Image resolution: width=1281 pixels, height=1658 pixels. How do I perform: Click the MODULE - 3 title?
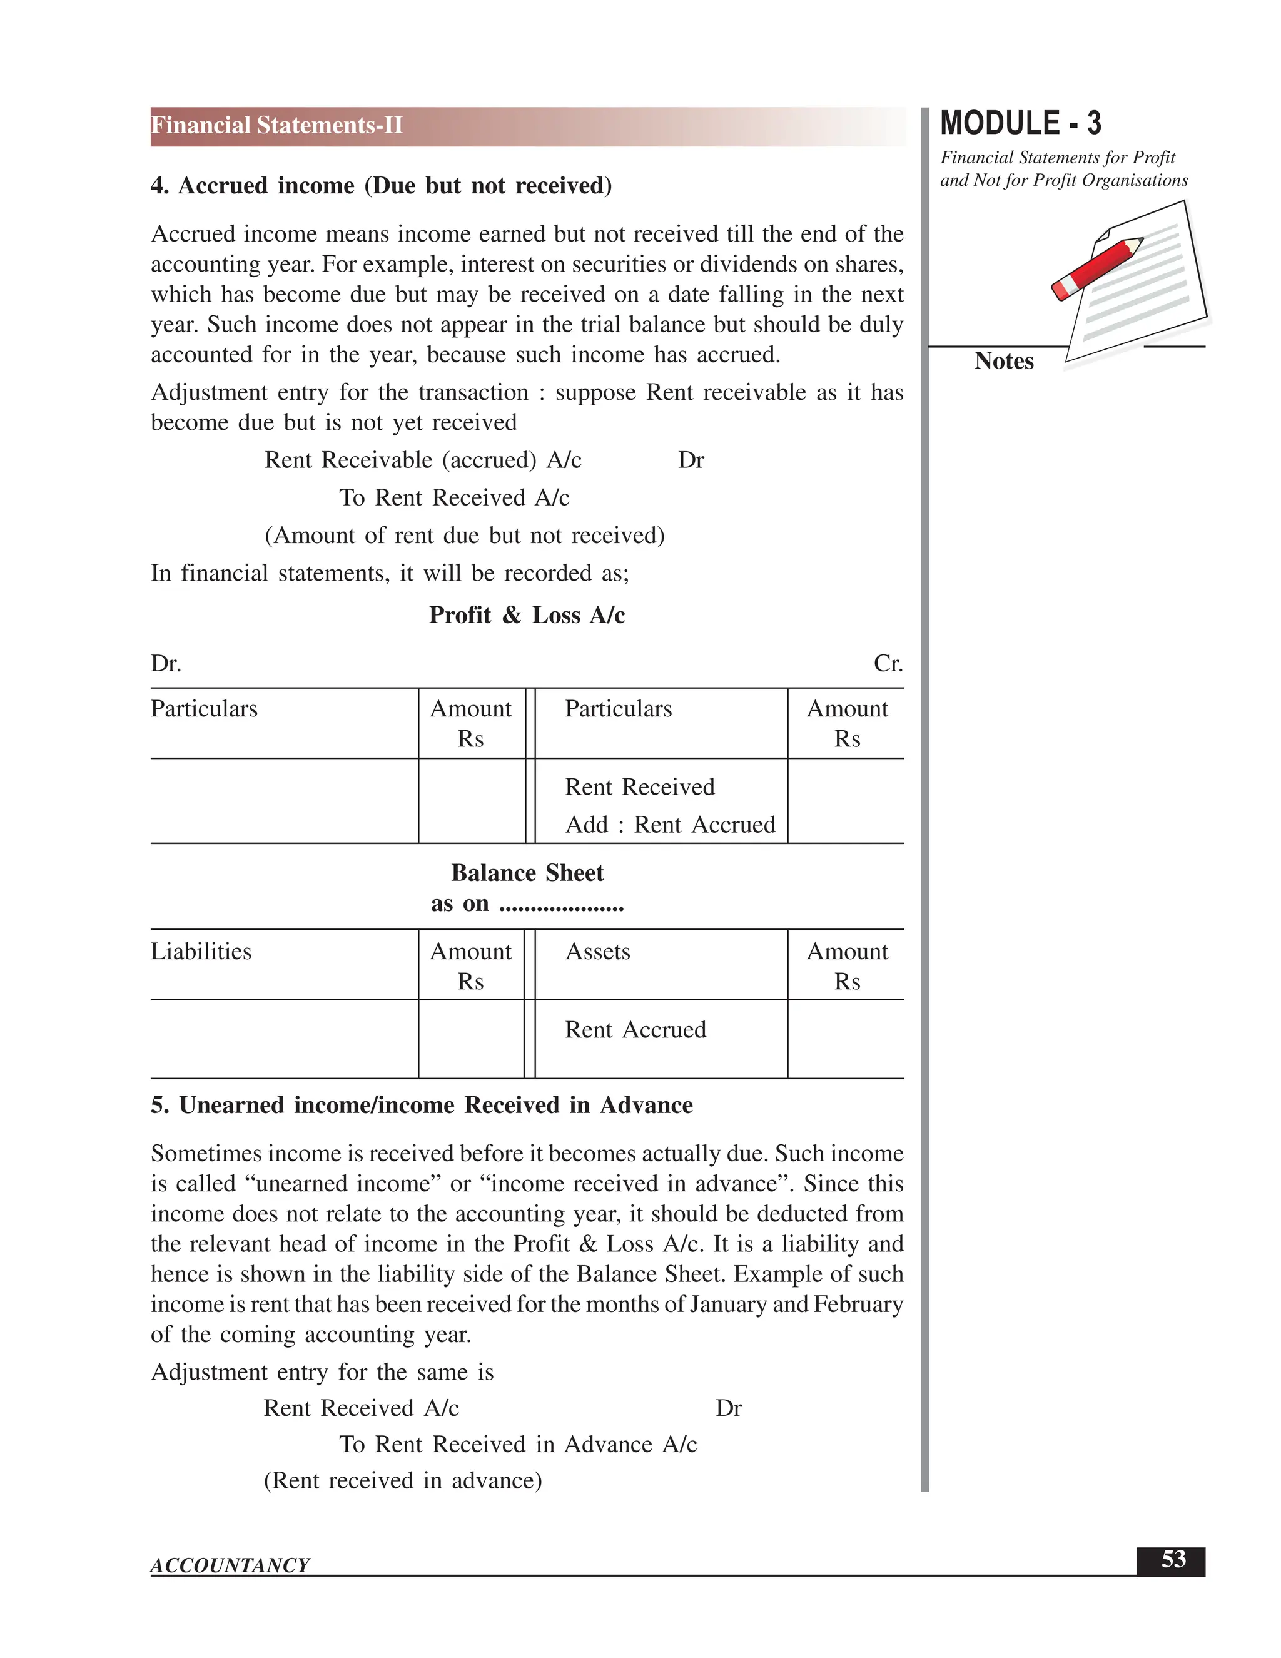click(1020, 124)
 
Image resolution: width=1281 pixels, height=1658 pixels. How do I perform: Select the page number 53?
click(1173, 1559)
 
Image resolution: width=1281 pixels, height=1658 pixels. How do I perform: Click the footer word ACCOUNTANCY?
click(230, 1565)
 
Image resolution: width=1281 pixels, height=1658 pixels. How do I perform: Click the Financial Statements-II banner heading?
click(277, 125)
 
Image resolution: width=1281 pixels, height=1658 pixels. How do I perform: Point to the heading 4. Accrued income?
click(381, 185)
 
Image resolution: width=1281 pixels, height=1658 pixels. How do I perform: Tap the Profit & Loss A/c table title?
click(527, 615)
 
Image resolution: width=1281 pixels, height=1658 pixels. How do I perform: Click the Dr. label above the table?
click(165, 663)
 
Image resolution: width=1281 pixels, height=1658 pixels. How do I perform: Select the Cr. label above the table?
click(887, 663)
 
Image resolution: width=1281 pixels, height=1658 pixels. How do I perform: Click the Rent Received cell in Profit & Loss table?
click(639, 786)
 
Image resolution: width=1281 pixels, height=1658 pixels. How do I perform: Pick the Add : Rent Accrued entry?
click(670, 825)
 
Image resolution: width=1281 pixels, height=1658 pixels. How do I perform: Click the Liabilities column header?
click(201, 951)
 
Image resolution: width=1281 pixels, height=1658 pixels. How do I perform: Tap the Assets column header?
click(597, 951)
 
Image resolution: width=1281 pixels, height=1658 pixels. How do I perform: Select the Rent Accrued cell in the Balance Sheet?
click(635, 1029)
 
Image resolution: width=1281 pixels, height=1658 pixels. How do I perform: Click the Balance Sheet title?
click(527, 873)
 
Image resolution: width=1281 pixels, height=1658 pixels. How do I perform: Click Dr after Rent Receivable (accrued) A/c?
click(691, 460)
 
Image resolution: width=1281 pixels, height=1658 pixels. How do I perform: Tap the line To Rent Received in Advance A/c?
click(517, 1444)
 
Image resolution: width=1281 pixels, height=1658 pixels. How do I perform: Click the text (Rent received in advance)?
click(402, 1480)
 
